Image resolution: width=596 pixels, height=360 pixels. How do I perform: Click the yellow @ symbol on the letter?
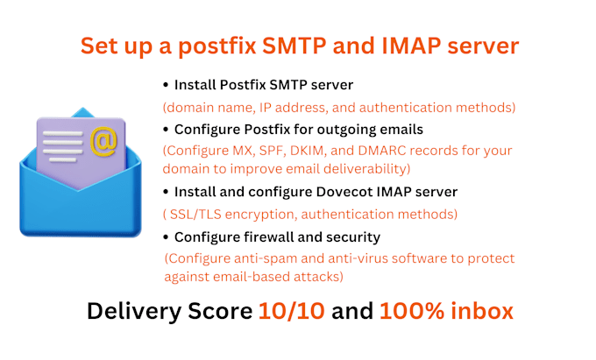104,139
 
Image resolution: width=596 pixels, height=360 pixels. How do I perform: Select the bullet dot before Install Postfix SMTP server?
166,86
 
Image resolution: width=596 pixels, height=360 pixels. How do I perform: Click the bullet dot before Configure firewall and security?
166,237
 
